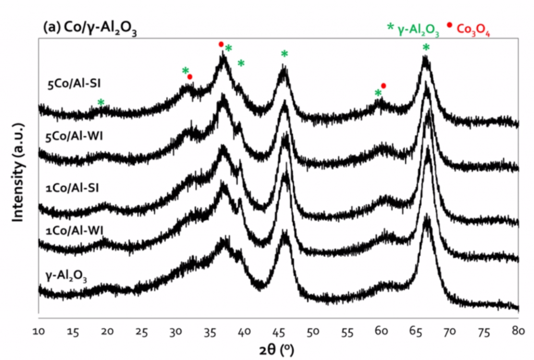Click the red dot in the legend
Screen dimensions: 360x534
(x=449, y=25)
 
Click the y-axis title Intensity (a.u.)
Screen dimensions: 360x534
(x=19, y=172)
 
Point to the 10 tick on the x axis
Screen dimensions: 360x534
(x=39, y=331)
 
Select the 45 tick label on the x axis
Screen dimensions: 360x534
(x=278, y=331)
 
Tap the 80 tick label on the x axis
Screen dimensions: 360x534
(x=518, y=331)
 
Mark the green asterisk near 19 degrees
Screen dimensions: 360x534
(x=101, y=102)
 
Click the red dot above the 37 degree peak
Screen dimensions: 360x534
(x=221, y=44)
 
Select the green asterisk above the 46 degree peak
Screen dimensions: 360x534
(x=284, y=54)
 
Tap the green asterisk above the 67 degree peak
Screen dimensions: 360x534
(x=426, y=48)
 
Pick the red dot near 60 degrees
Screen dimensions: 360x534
(x=384, y=85)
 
